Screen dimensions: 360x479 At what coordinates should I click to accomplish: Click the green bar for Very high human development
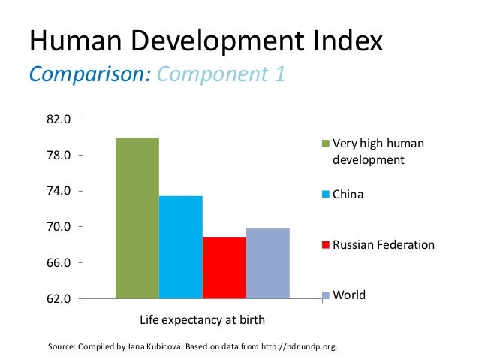click(137, 218)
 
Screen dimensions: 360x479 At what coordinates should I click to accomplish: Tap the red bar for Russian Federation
click(224, 268)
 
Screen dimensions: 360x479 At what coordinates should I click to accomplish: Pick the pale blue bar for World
click(267, 263)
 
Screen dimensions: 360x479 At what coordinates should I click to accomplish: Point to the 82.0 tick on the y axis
click(59, 119)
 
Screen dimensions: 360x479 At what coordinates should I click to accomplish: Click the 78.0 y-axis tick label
click(59, 156)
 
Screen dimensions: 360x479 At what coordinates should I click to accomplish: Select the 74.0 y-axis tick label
click(59, 191)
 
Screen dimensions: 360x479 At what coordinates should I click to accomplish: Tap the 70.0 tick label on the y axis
click(59, 227)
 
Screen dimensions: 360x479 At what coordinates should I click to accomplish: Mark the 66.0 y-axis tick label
click(59, 263)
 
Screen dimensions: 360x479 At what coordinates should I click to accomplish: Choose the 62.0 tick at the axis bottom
click(59, 298)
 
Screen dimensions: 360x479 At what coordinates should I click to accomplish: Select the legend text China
click(348, 195)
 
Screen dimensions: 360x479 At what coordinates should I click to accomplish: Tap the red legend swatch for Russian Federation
click(326, 245)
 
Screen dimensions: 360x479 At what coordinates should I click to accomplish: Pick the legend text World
click(349, 295)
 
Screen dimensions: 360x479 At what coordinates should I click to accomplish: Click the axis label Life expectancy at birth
click(203, 320)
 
